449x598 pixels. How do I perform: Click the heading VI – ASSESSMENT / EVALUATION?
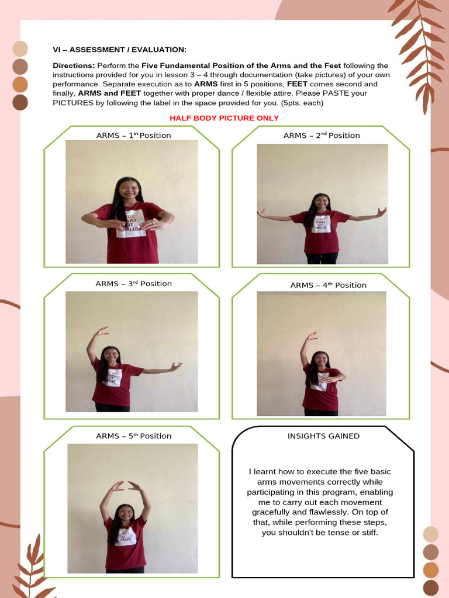119,50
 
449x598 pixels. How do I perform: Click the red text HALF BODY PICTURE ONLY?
224,118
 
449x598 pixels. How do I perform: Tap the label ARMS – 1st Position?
133,135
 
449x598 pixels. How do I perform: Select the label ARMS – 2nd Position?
322,135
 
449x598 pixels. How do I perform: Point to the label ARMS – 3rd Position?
133,284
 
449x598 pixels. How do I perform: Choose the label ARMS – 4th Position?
328,286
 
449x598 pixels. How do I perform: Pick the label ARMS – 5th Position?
133,436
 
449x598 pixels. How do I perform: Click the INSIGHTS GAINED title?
323,436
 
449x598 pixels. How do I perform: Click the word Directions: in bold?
74,65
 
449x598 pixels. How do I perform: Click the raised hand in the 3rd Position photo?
102,332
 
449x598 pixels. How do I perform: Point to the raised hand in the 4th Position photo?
311,336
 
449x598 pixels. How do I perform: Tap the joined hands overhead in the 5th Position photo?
126,486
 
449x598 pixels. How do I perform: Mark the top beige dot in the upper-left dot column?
20,49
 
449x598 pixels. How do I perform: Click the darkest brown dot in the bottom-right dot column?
431,587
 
